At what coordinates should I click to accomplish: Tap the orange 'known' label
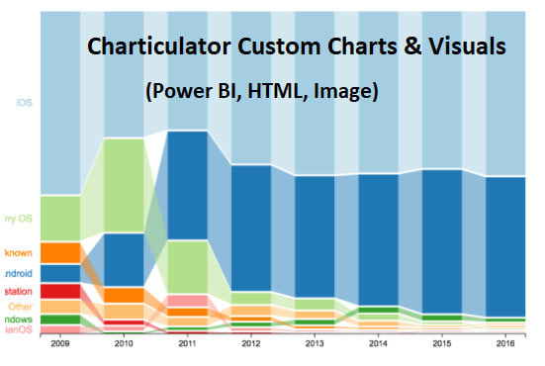pos(19,253)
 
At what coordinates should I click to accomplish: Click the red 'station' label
pos(19,292)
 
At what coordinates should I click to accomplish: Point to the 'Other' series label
pos(21,307)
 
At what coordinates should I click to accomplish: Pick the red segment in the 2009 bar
pos(60,291)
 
